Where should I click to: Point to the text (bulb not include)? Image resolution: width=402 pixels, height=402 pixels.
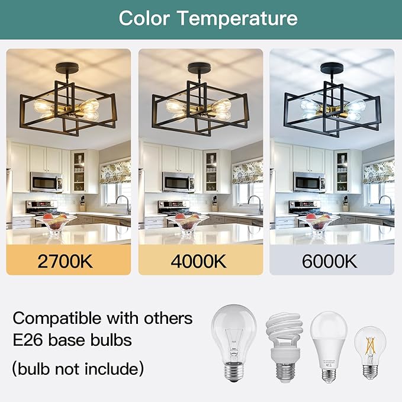[x=78, y=369]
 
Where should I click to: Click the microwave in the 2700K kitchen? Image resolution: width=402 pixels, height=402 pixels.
[x=46, y=182]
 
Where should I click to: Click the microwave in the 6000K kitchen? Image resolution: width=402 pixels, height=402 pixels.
[x=309, y=182]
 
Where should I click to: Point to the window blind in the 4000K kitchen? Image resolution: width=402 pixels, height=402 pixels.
[x=247, y=172]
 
